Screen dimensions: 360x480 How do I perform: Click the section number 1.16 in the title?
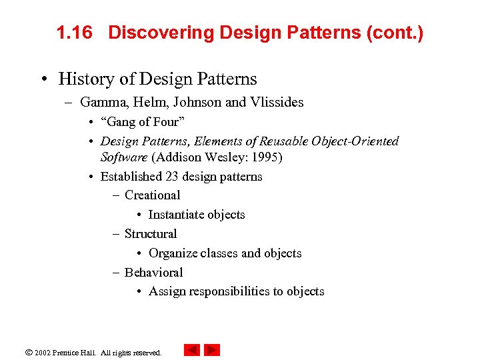coord(73,33)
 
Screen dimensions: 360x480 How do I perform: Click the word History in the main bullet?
coord(85,79)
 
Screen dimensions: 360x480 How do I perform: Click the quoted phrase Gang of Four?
coord(143,122)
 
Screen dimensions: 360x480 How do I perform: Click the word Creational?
coord(152,195)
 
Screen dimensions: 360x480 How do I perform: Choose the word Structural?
coord(151,234)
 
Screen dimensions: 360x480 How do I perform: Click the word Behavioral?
coord(153,273)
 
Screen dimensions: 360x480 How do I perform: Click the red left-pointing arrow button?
coord(192,350)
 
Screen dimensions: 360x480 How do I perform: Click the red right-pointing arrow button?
coord(212,350)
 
